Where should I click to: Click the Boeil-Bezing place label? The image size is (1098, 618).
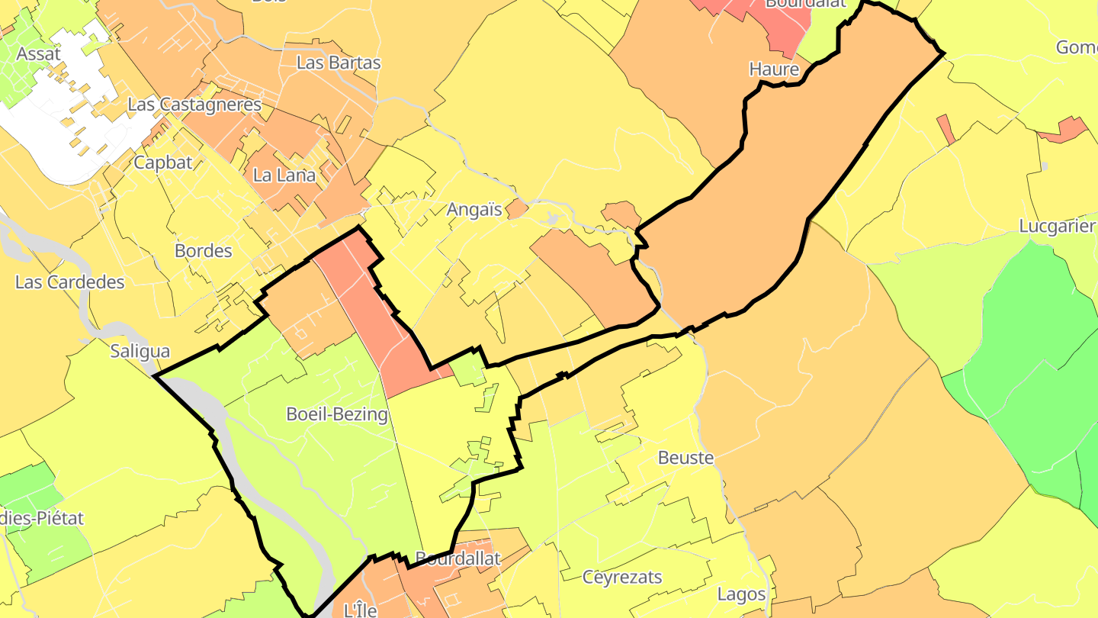pyautogui.click(x=336, y=414)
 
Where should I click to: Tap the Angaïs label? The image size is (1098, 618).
pyautogui.click(x=474, y=210)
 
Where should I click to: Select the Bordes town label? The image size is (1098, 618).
pyautogui.click(x=204, y=250)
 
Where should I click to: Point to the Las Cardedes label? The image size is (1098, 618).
pyautogui.click(x=69, y=282)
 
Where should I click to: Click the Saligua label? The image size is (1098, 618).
pyautogui.click(x=140, y=351)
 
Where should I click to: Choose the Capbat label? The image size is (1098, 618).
pyautogui.click(x=163, y=162)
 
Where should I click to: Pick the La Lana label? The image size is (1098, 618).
pyautogui.click(x=284, y=175)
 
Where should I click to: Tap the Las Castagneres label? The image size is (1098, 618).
pyautogui.click(x=194, y=105)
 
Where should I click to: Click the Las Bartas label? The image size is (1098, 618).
pyautogui.click(x=339, y=63)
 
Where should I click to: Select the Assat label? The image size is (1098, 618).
pyautogui.click(x=38, y=53)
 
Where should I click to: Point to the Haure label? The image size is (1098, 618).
pyautogui.click(x=774, y=69)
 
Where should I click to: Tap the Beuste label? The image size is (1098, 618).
pyautogui.click(x=685, y=458)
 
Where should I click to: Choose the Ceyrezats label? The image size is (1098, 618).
pyautogui.click(x=622, y=577)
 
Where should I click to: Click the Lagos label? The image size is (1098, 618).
pyautogui.click(x=741, y=594)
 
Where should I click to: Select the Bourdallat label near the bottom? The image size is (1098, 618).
pyautogui.click(x=458, y=558)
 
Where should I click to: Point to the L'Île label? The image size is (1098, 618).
pyautogui.click(x=360, y=610)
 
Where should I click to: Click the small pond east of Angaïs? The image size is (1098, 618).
pyautogui.click(x=552, y=220)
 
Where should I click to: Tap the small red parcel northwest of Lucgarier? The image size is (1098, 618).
pyautogui.click(x=945, y=129)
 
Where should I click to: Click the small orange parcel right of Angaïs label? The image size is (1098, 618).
pyautogui.click(x=517, y=208)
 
